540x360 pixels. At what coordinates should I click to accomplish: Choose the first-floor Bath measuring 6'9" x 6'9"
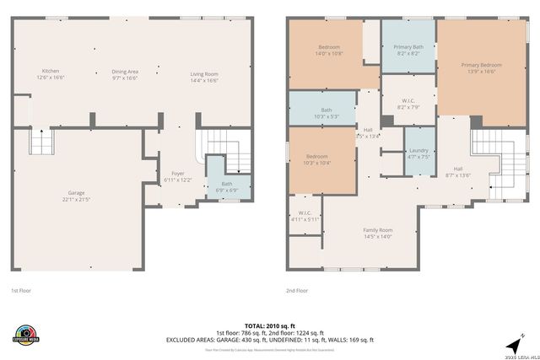click(x=227, y=186)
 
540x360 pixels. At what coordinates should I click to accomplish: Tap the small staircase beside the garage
click(x=41, y=141)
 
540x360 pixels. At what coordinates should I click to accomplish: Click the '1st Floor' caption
click(x=21, y=291)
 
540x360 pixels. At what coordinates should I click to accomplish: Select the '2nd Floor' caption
click(x=297, y=291)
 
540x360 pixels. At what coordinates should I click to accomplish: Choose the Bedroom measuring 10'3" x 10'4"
click(x=317, y=159)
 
